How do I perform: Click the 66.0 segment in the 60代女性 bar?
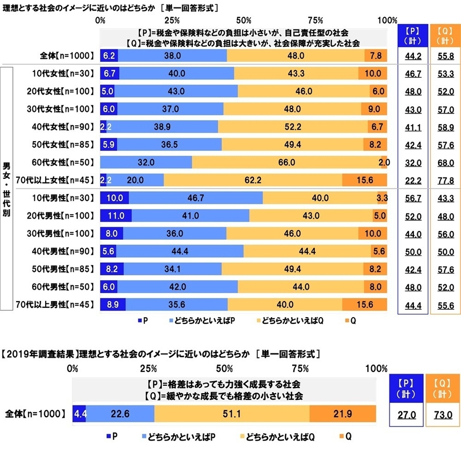[x=286, y=162]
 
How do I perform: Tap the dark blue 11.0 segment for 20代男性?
[x=116, y=216]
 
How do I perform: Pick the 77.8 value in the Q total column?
[x=445, y=180]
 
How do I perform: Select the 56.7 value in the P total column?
[x=412, y=198]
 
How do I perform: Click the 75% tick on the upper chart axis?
[x=316, y=20]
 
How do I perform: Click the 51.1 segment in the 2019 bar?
[x=231, y=414]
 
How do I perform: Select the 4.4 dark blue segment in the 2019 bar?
[x=79, y=414]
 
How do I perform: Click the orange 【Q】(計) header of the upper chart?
[x=445, y=35]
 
